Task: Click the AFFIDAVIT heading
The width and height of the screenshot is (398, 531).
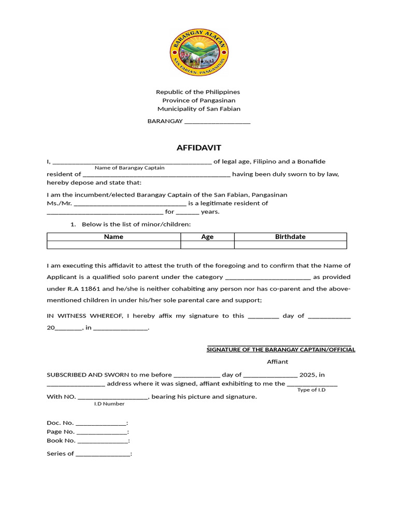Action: click(x=199, y=148)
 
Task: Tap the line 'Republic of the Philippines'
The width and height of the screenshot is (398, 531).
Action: click(x=198, y=92)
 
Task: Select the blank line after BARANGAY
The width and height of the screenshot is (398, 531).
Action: click(x=217, y=122)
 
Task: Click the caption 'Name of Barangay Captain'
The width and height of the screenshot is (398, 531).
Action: click(x=130, y=167)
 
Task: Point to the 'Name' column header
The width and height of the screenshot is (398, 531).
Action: click(x=113, y=237)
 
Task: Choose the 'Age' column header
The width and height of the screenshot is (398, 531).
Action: click(x=207, y=237)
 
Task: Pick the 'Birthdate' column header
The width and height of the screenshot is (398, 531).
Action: click(x=290, y=237)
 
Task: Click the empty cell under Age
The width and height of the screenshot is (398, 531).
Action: click(x=207, y=245)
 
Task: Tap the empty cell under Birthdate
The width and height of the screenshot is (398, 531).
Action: click(x=290, y=245)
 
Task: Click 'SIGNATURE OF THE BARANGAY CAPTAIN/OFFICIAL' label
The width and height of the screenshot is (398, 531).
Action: click(x=281, y=350)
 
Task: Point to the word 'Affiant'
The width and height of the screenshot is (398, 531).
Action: click(x=277, y=361)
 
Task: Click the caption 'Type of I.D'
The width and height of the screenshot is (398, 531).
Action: click(x=311, y=390)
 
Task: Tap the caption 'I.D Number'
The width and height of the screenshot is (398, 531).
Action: click(x=109, y=403)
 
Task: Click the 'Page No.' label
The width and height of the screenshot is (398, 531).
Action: click(x=61, y=431)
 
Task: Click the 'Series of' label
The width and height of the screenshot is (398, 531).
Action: click(x=60, y=454)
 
